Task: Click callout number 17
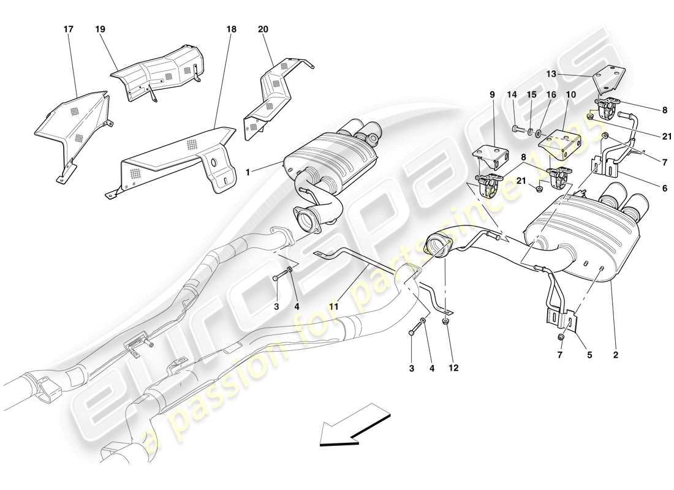click(67, 29)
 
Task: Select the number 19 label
click(100, 29)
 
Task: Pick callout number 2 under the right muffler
click(615, 354)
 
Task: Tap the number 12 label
click(453, 368)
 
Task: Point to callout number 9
click(491, 95)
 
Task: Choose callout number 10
click(571, 95)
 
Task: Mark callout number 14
click(512, 95)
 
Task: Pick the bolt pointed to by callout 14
click(517, 129)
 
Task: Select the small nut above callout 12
click(445, 320)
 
